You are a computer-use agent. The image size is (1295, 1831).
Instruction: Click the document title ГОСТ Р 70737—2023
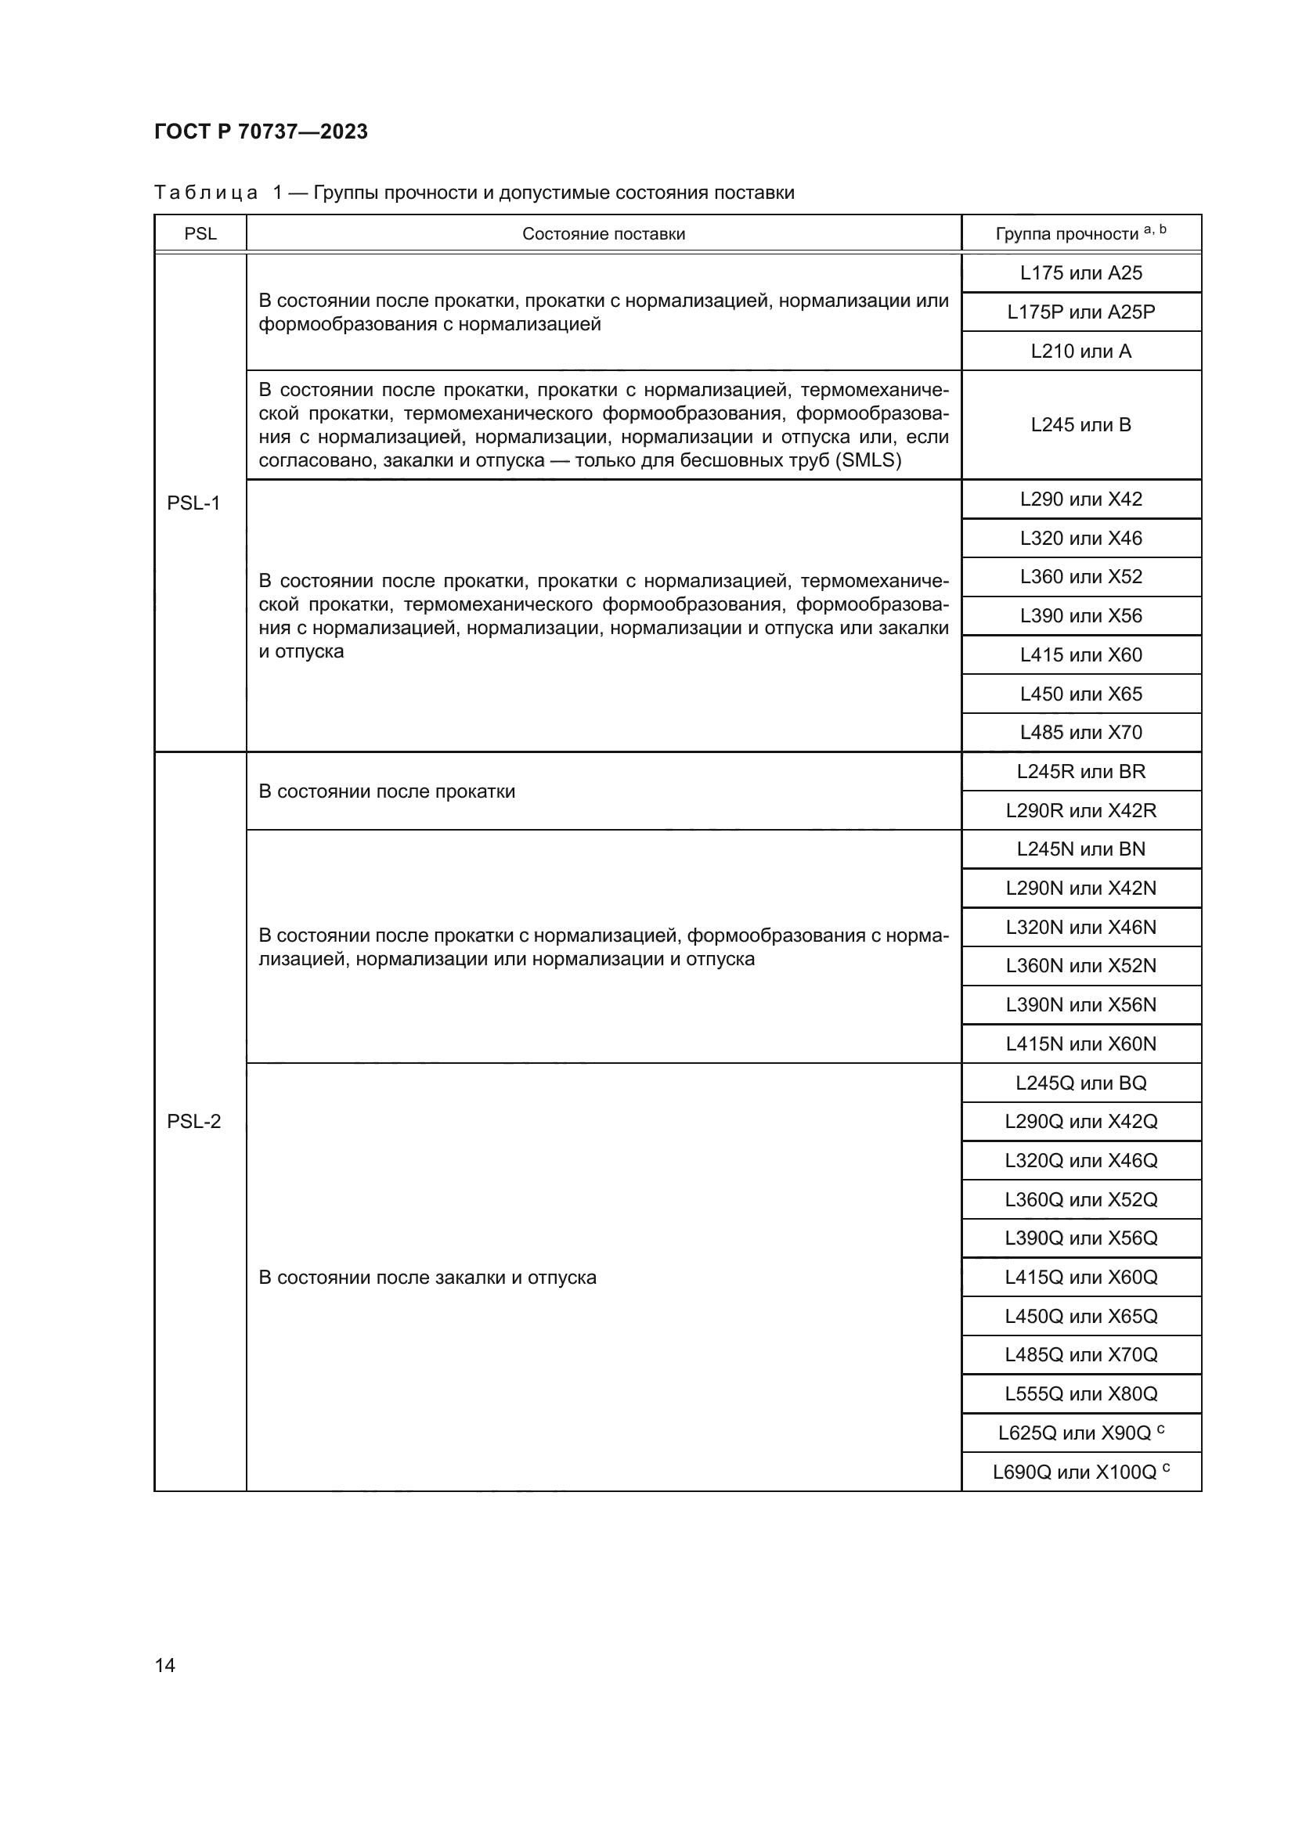point(261,132)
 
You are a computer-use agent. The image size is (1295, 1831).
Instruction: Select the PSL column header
point(200,233)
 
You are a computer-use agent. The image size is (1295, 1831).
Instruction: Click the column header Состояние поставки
point(604,233)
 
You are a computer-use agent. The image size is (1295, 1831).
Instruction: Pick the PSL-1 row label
point(193,503)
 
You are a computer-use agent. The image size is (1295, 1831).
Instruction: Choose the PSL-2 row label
point(193,1121)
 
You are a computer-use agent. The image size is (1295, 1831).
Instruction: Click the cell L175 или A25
point(1080,272)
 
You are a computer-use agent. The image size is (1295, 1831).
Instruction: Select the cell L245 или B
point(1080,425)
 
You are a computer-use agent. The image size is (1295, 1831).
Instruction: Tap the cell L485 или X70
point(1080,732)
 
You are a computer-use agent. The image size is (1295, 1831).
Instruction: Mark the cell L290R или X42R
point(1080,810)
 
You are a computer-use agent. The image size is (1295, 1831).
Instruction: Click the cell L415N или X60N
point(1080,1044)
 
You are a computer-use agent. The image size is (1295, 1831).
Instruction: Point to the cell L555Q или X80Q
point(1080,1394)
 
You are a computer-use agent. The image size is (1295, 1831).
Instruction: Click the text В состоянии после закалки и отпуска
point(427,1278)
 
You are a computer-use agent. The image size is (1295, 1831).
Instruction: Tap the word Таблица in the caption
point(206,193)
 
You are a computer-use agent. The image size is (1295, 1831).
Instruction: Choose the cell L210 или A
point(1080,351)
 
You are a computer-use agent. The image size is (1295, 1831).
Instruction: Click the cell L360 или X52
point(1080,577)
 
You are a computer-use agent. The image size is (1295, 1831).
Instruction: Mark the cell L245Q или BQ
point(1080,1083)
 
